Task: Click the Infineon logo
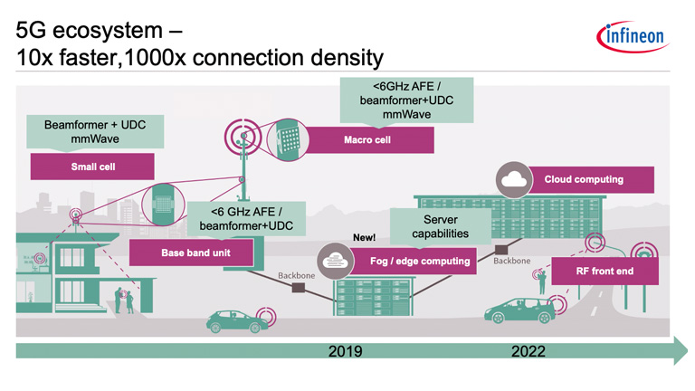click(x=631, y=37)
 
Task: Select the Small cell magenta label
click(x=92, y=167)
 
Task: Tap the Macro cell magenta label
click(x=367, y=140)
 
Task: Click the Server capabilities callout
click(x=440, y=226)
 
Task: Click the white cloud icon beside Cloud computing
click(x=512, y=180)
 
